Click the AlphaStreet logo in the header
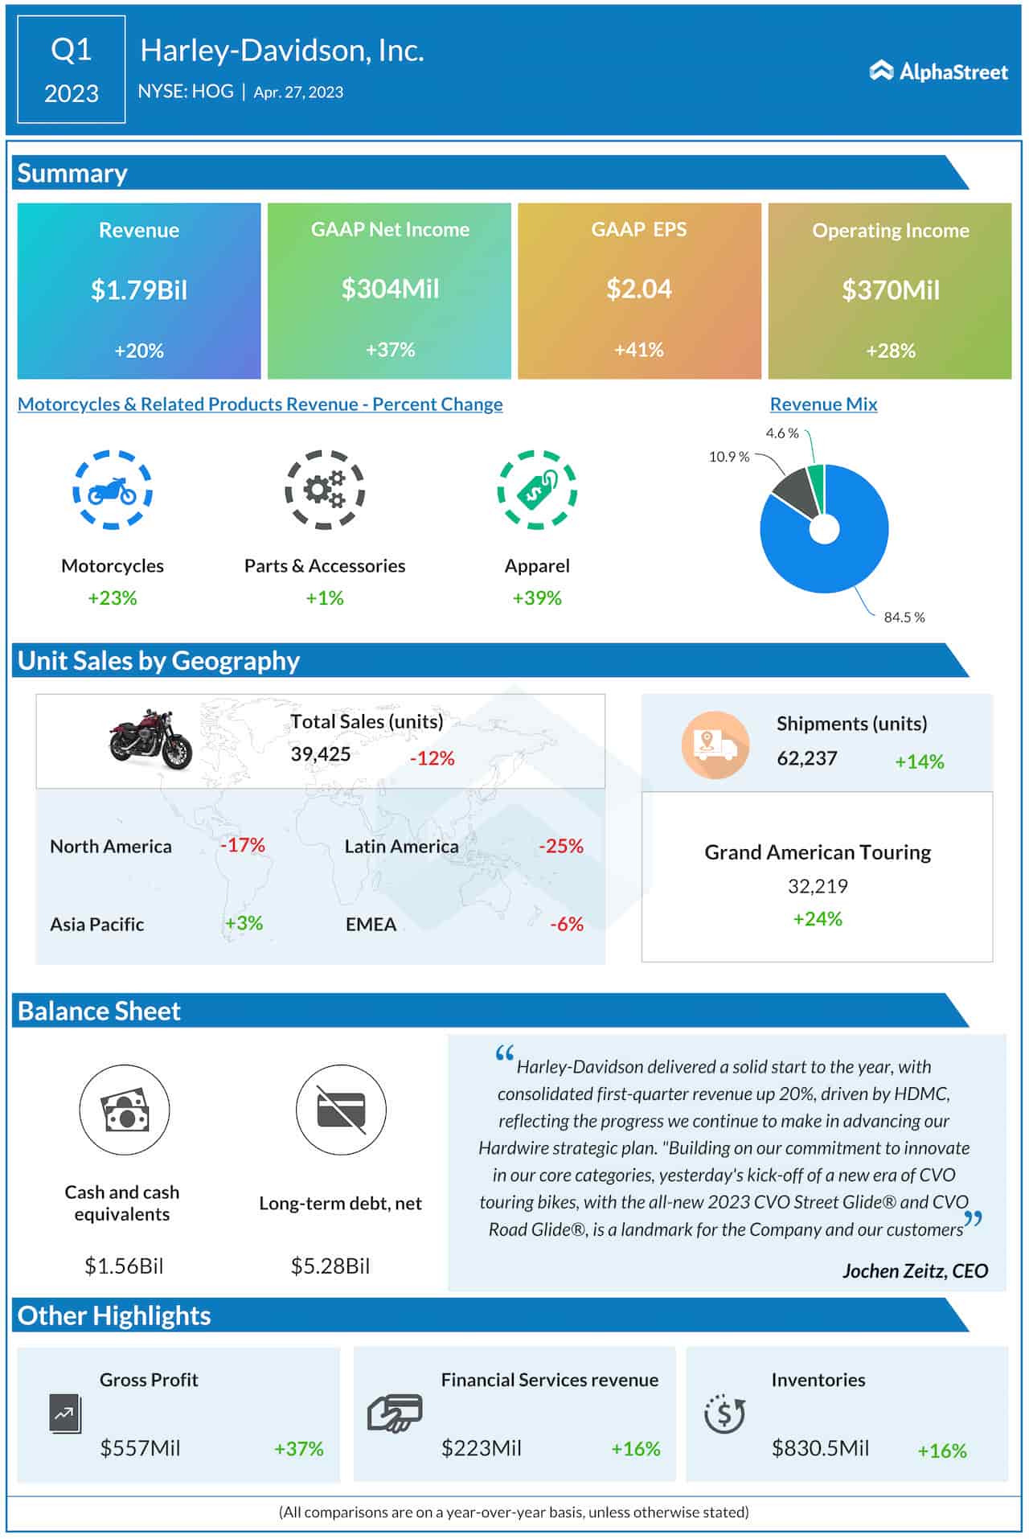pyautogui.click(x=938, y=72)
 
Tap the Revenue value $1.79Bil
pyautogui.click(x=139, y=289)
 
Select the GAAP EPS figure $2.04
pyautogui.click(x=639, y=289)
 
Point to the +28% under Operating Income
pyautogui.click(x=891, y=351)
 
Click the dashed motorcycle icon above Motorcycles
pyautogui.click(x=113, y=490)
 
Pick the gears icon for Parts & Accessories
pyautogui.click(x=325, y=490)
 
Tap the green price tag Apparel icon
pyautogui.click(x=537, y=490)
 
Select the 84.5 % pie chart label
pyautogui.click(x=904, y=618)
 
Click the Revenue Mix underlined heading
pyautogui.click(x=823, y=404)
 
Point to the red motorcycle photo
pyautogui.click(x=150, y=738)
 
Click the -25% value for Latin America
pyautogui.click(x=561, y=846)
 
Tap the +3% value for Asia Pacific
pyautogui.click(x=244, y=923)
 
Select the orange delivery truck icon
pyautogui.click(x=715, y=745)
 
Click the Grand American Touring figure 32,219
pyautogui.click(x=818, y=886)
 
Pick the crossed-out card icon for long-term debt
pyautogui.click(x=341, y=1110)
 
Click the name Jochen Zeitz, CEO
pyautogui.click(x=915, y=1270)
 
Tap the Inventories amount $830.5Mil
pyautogui.click(x=820, y=1448)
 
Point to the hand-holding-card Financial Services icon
pyautogui.click(x=395, y=1413)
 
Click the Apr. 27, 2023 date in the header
pyautogui.click(x=298, y=92)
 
